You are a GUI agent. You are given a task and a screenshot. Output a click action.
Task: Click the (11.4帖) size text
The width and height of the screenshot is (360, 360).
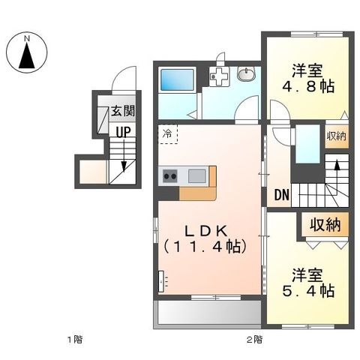(202, 244)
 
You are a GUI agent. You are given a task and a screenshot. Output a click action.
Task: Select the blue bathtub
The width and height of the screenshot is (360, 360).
(174, 78)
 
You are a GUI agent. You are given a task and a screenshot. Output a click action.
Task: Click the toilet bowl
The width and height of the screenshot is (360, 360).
(246, 73)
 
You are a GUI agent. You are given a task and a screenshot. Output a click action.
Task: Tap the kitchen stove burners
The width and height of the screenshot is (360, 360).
(169, 176)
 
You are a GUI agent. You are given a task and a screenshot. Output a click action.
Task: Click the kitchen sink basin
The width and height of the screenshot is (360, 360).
(198, 176)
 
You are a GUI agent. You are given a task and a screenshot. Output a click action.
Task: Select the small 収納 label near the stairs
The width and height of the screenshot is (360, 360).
(336, 136)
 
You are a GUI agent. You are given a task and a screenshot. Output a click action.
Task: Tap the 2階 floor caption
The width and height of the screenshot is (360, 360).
(254, 340)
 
